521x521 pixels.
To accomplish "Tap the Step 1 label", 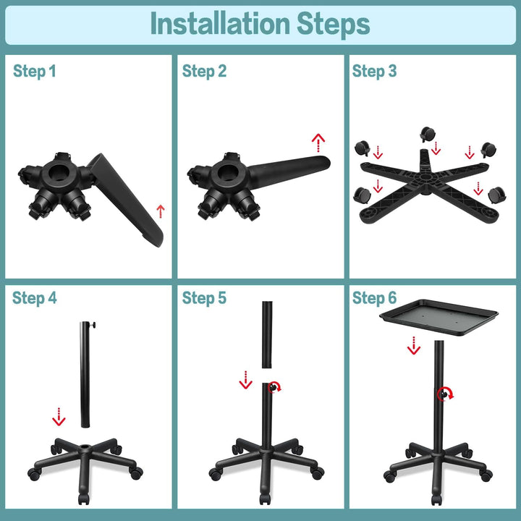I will (x=34, y=71).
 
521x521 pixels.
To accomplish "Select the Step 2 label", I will (x=204, y=71).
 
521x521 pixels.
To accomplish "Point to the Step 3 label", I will (x=374, y=71).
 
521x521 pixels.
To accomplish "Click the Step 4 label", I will (x=34, y=298).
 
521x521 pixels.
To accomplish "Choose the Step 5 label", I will (x=204, y=298).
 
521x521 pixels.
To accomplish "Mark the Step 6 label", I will (x=374, y=298).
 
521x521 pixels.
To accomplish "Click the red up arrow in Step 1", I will (x=161, y=211).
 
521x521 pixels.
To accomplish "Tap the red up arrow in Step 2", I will (x=318, y=141).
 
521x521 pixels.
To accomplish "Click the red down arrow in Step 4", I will (x=59, y=417).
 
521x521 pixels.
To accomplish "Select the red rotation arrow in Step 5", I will (x=275, y=387).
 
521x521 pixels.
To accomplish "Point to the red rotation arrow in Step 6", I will (x=446, y=394).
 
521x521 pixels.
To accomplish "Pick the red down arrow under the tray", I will (x=413, y=346).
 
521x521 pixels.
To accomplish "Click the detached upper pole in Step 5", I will (x=266, y=333).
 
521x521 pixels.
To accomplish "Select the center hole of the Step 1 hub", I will (x=57, y=174).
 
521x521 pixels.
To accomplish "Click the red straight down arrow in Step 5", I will (x=245, y=379).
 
